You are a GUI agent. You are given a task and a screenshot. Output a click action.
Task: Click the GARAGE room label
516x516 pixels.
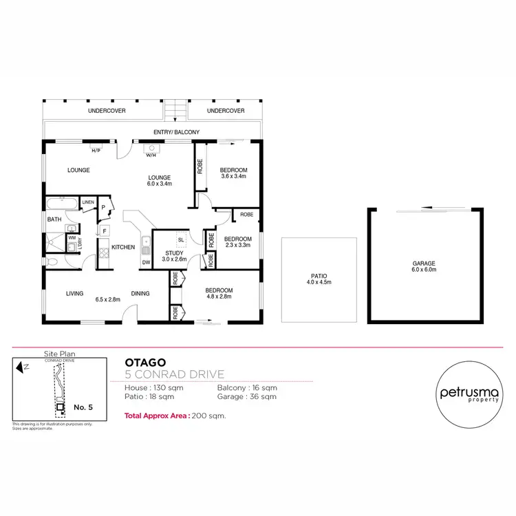pyautogui.click(x=423, y=264)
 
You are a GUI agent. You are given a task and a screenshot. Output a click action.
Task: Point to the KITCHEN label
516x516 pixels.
pyautogui.click(x=123, y=247)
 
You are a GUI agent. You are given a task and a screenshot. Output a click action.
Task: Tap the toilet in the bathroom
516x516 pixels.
pyautogui.click(x=53, y=261)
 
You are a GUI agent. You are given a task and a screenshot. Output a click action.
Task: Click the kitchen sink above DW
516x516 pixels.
pyautogui.click(x=146, y=243)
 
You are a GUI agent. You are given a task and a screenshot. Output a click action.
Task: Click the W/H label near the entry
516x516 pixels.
pyautogui.click(x=149, y=154)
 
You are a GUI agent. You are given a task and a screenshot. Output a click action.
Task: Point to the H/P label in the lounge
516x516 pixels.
pyautogui.click(x=96, y=150)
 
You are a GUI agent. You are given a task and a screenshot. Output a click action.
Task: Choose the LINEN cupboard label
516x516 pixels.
pyautogui.click(x=88, y=202)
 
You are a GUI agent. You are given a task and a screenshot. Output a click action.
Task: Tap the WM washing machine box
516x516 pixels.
pyautogui.click(x=72, y=238)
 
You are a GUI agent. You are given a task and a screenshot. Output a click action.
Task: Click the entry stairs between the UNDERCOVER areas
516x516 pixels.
pyautogui.click(x=175, y=110)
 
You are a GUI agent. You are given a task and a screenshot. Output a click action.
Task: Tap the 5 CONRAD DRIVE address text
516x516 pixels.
pyautogui.click(x=175, y=374)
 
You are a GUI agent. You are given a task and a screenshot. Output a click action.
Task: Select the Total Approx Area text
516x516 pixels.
pyautogui.click(x=175, y=416)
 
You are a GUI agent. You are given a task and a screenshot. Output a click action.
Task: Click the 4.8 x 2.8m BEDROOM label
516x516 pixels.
pyautogui.click(x=219, y=294)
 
